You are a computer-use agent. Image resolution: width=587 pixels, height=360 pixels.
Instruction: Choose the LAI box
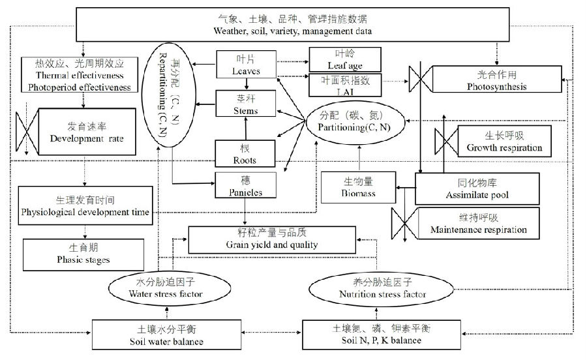coord(344,85)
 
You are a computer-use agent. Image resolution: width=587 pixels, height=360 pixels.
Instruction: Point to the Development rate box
coord(87,132)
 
